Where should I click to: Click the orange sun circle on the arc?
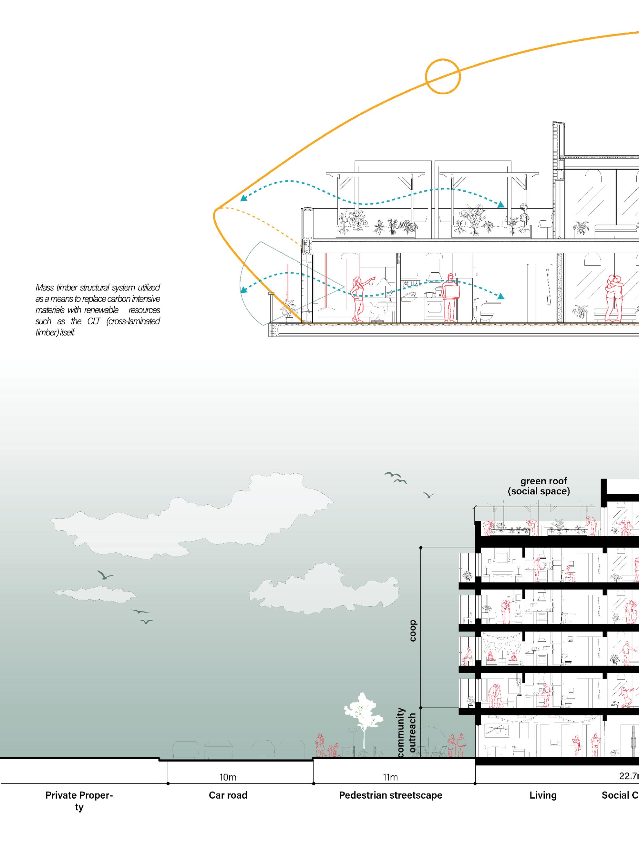(443, 76)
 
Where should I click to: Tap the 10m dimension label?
(228, 777)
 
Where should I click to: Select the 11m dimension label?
(390, 777)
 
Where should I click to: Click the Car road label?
(228, 795)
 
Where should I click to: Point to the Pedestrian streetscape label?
(391, 795)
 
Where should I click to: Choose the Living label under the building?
(543, 795)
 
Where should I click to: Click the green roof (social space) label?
(539, 486)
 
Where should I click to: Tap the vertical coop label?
(413, 631)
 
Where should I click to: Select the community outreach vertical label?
(406, 733)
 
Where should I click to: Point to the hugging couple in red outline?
(613, 298)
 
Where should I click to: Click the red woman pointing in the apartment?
(358, 299)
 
